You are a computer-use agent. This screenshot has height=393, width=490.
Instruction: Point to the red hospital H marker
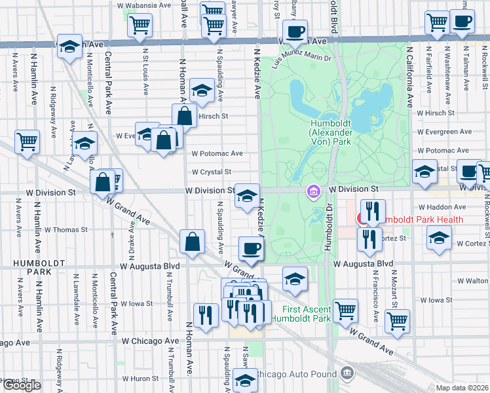360,219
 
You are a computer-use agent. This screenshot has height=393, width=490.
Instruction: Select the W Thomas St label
66,230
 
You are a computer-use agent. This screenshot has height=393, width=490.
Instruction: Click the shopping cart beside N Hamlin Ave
28,141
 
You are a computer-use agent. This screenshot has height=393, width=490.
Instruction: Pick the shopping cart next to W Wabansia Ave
140,25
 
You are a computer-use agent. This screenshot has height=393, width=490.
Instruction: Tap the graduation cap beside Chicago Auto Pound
245,379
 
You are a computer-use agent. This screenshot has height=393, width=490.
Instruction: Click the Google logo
22,385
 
